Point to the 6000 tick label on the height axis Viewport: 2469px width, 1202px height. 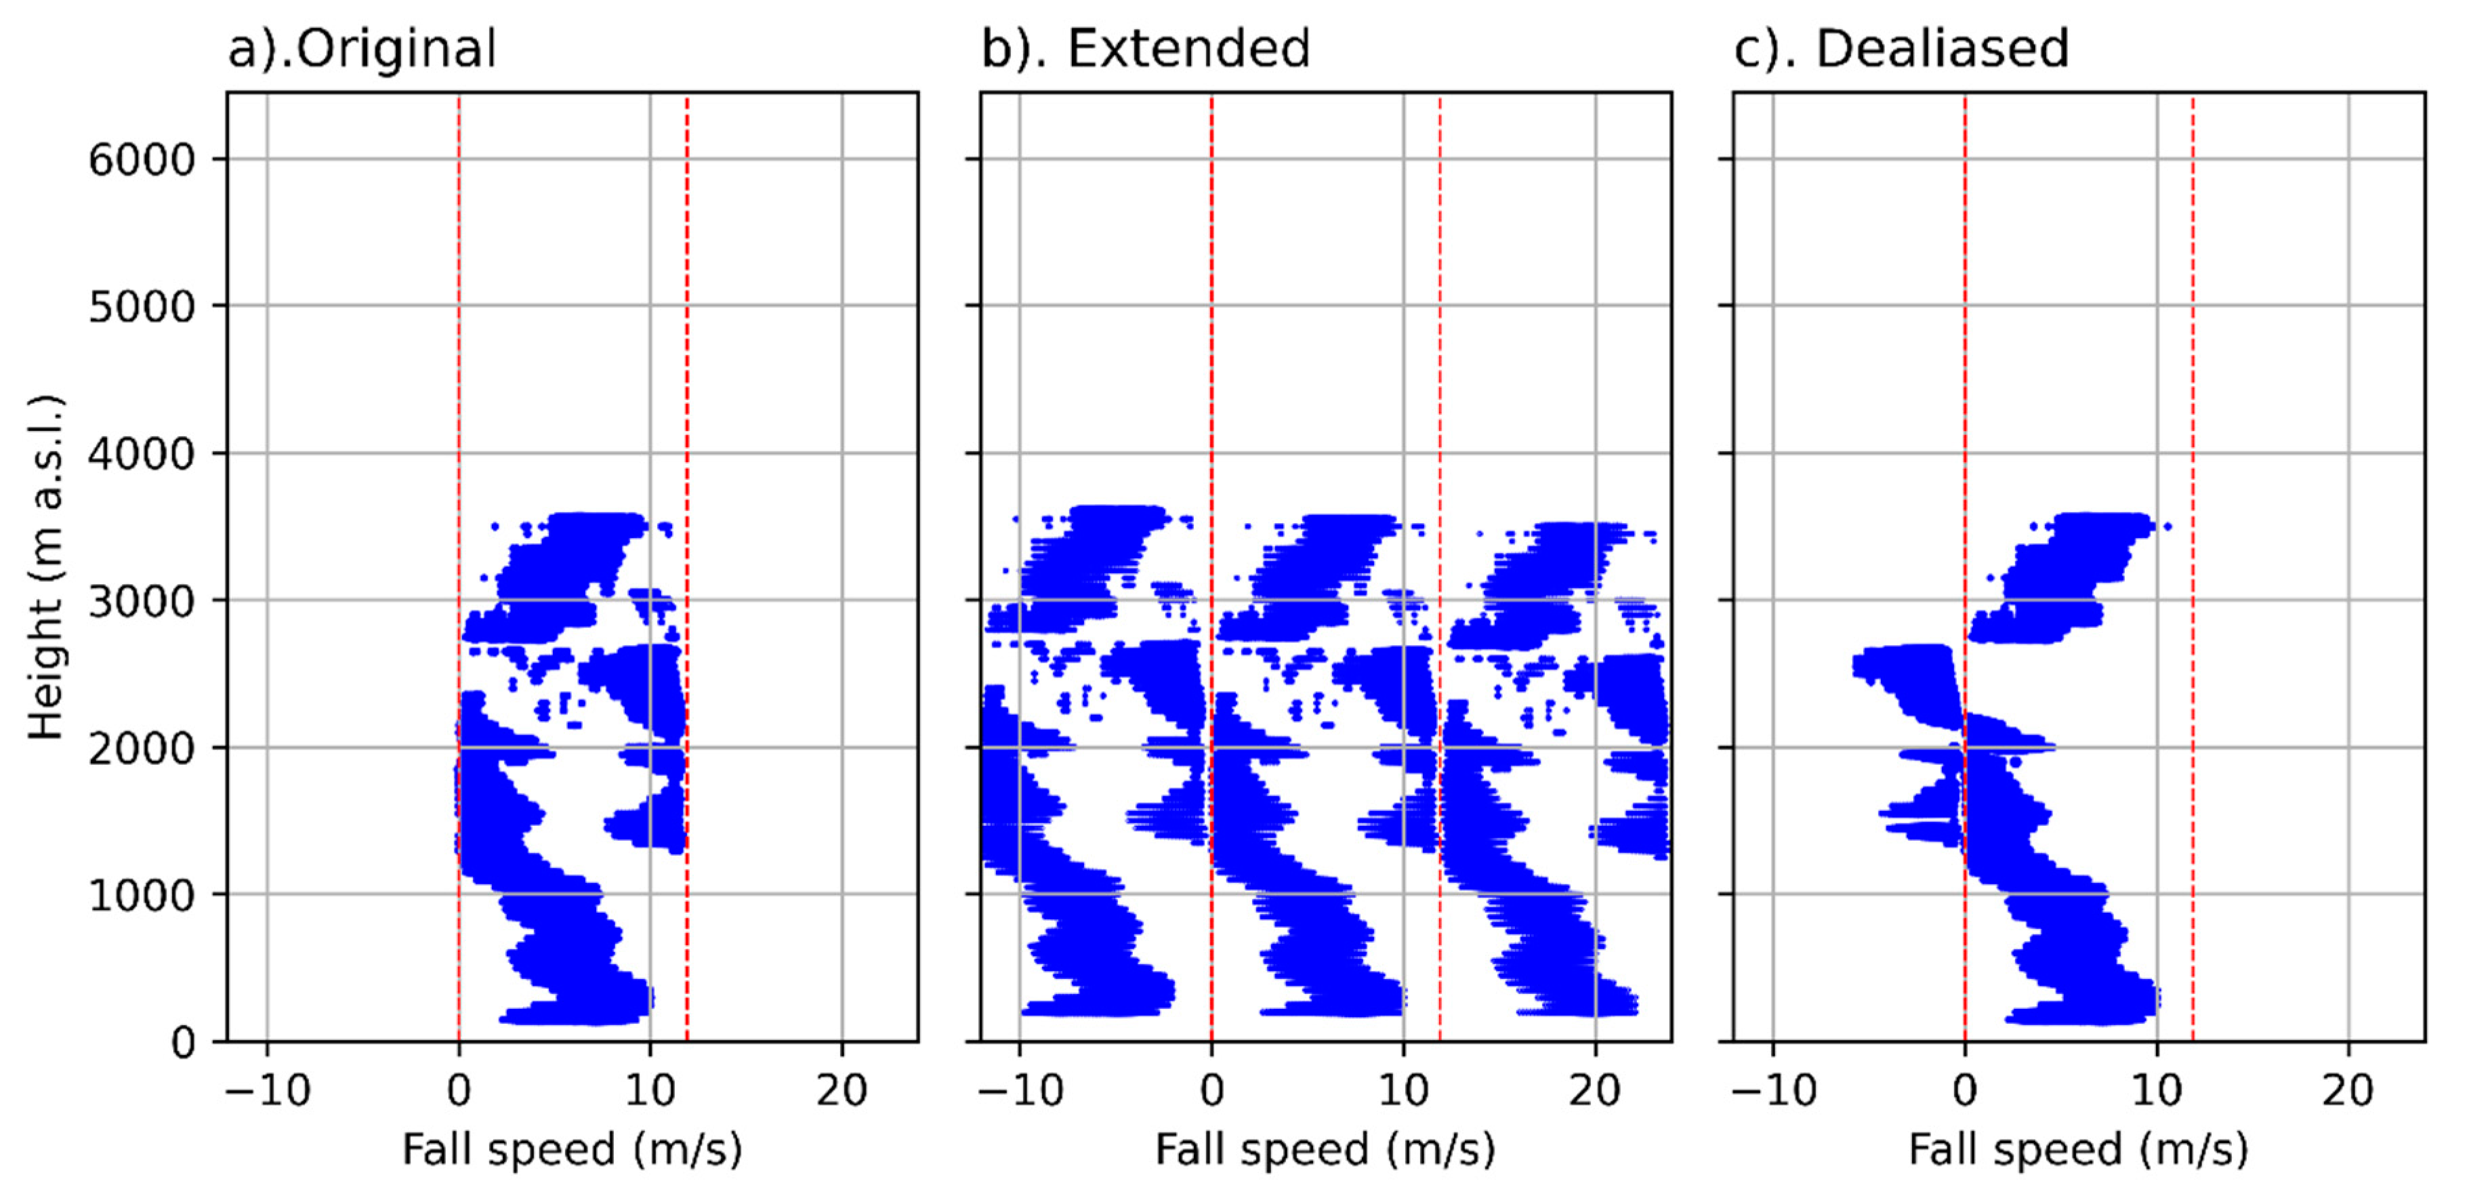coord(142,160)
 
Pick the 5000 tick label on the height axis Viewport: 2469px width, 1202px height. coord(142,308)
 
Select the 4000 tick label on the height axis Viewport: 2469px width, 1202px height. coord(142,455)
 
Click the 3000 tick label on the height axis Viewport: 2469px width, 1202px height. coord(142,602)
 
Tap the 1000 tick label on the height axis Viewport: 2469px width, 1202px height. coord(142,896)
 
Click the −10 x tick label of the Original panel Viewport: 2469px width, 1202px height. coord(268,1092)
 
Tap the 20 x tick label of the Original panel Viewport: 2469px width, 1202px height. coord(842,1092)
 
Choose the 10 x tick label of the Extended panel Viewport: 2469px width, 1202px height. coord(1403,1092)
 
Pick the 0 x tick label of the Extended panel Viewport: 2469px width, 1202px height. coord(1211,1092)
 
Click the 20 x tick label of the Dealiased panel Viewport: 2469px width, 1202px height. coord(2348,1092)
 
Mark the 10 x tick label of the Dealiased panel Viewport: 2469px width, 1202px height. coord(2157,1092)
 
